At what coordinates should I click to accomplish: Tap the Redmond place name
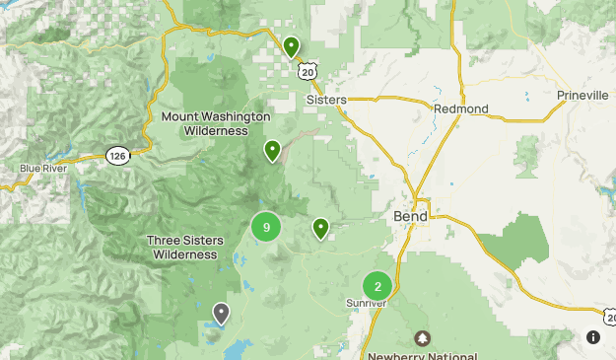coord(460,108)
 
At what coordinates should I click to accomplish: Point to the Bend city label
coord(410,216)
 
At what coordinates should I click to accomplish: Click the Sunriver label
coord(366,303)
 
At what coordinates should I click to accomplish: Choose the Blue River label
coord(42,169)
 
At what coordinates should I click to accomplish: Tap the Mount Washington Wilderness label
coord(215,123)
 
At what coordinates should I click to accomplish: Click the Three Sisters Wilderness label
coord(184,248)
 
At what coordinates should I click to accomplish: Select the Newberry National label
coord(423,356)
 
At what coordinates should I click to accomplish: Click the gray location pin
coord(221,313)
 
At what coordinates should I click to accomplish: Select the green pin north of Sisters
coord(291,45)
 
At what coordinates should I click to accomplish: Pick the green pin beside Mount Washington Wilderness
coord(272,150)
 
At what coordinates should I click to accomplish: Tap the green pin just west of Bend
coord(320,228)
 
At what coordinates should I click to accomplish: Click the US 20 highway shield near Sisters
coord(309,69)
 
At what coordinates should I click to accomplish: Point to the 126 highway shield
coord(117,155)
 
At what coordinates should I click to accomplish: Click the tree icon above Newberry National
coord(423,338)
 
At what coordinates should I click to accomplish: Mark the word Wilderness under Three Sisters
coord(184,254)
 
